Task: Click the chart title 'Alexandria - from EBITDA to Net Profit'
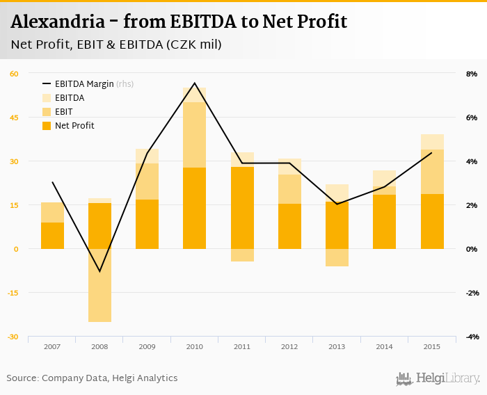pyautogui.click(x=179, y=22)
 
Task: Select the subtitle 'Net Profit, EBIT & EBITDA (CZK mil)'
pyautogui.click(x=116, y=45)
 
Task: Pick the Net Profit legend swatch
pyautogui.click(x=47, y=126)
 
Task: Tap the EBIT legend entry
pyautogui.click(x=63, y=112)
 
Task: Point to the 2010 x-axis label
pyautogui.click(x=194, y=346)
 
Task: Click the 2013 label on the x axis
pyautogui.click(x=337, y=346)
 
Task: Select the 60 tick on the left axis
pyautogui.click(x=14, y=74)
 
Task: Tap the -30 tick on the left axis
pyautogui.click(x=14, y=337)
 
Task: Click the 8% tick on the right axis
pyautogui.click(x=471, y=74)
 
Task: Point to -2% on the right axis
pyautogui.click(x=471, y=293)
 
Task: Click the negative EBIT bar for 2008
pyautogui.click(x=99, y=285)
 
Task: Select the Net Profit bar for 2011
pyautogui.click(x=242, y=207)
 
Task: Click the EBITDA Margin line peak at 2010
pyautogui.click(x=194, y=83)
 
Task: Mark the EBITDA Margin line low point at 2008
pyautogui.click(x=99, y=271)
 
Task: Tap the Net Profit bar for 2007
pyautogui.click(x=52, y=235)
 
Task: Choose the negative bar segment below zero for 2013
pyautogui.click(x=337, y=257)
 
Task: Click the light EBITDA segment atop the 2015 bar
pyautogui.click(x=432, y=142)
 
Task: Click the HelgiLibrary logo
pyautogui.click(x=438, y=378)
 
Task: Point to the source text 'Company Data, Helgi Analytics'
pyautogui.click(x=109, y=378)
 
